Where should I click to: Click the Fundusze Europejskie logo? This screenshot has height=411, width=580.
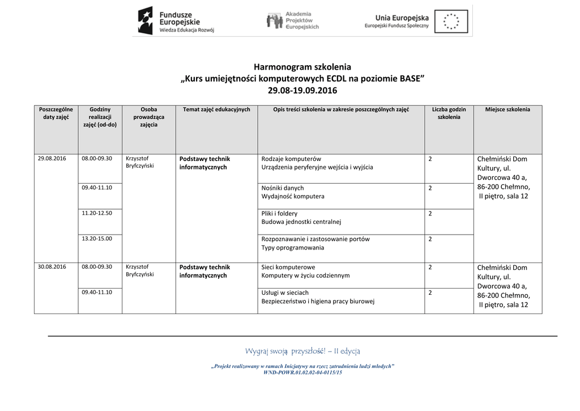pyautogui.click(x=176, y=21)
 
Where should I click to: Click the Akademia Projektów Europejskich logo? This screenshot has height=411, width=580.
pyautogui.click(x=293, y=21)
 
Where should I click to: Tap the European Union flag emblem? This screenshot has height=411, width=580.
pyautogui.click(x=451, y=22)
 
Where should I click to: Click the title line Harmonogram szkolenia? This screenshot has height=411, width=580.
pyautogui.click(x=302, y=67)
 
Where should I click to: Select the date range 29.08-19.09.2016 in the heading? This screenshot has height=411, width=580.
pyautogui.click(x=302, y=90)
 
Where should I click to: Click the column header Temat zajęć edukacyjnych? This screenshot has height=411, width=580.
pyautogui.click(x=216, y=109)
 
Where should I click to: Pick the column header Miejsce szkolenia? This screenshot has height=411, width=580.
pyautogui.click(x=507, y=109)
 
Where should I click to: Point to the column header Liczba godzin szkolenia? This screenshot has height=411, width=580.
pyautogui.click(x=449, y=113)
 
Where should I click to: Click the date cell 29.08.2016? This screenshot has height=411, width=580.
pyautogui.click(x=52, y=159)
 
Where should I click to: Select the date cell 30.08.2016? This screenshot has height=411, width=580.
pyautogui.click(x=52, y=266)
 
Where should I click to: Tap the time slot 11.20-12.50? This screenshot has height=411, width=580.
pyautogui.click(x=97, y=213)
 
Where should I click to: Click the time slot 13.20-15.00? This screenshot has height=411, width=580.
pyautogui.click(x=97, y=239)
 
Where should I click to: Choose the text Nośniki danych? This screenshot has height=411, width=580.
pyautogui.click(x=283, y=188)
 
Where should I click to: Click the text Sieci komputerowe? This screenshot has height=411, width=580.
pyautogui.click(x=288, y=267)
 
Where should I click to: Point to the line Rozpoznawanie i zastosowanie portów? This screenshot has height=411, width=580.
pyautogui.click(x=315, y=239)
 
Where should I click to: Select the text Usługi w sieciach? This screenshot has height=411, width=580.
pyautogui.click(x=285, y=293)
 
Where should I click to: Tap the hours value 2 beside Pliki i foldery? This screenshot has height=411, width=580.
pyautogui.click(x=430, y=214)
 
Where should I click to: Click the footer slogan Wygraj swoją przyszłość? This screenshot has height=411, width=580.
pyautogui.click(x=302, y=351)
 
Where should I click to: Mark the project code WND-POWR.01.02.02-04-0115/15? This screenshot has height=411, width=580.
pyautogui.click(x=302, y=372)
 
